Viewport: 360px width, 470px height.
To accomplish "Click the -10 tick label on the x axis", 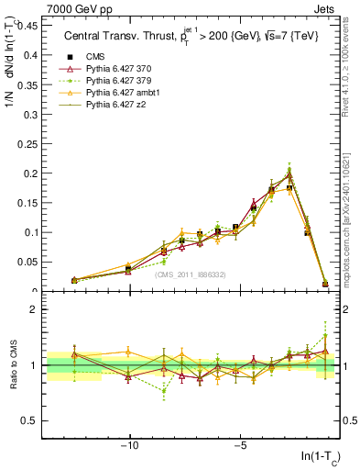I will [130, 445].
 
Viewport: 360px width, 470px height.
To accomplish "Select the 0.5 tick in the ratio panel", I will [29, 421].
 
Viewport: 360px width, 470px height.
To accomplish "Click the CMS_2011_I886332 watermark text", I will [190, 274].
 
